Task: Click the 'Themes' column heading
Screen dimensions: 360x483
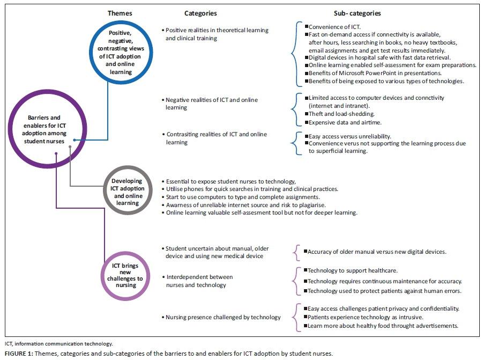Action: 120,12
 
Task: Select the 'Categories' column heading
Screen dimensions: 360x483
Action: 200,12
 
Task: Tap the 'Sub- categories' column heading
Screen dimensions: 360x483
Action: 357,12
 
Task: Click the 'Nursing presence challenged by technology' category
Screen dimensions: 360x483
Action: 223,317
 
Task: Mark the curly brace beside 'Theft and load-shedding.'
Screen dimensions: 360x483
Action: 294,110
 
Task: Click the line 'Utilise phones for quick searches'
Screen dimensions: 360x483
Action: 252,189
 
